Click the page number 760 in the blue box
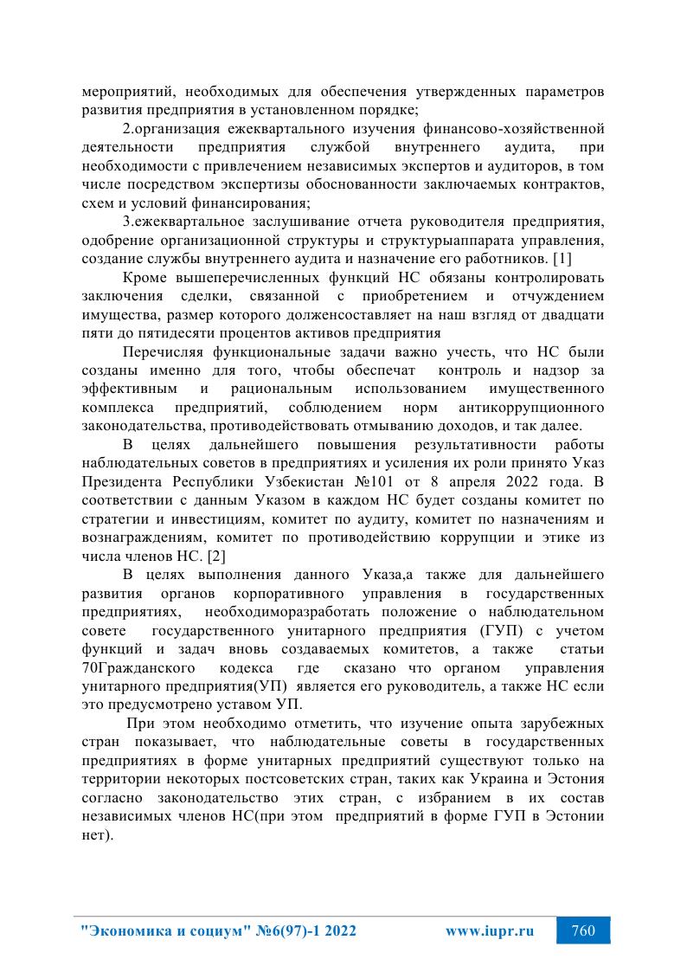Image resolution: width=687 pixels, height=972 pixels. (583, 931)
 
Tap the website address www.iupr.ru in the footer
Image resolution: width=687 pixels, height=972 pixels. (489, 931)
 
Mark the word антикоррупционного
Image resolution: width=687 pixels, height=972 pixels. (531, 407)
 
